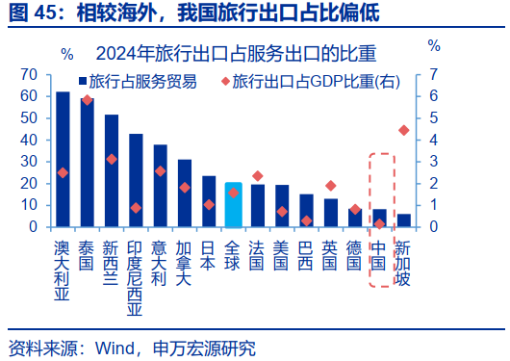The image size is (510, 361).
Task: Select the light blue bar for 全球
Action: click(233, 205)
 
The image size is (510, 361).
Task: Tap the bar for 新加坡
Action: click(403, 220)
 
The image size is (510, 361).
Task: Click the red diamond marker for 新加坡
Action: click(403, 130)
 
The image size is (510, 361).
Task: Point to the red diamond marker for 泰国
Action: click(87, 99)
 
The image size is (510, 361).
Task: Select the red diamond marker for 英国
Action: click(330, 186)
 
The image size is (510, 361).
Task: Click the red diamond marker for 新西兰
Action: click(112, 159)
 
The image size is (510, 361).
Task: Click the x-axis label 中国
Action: click(379, 255)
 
